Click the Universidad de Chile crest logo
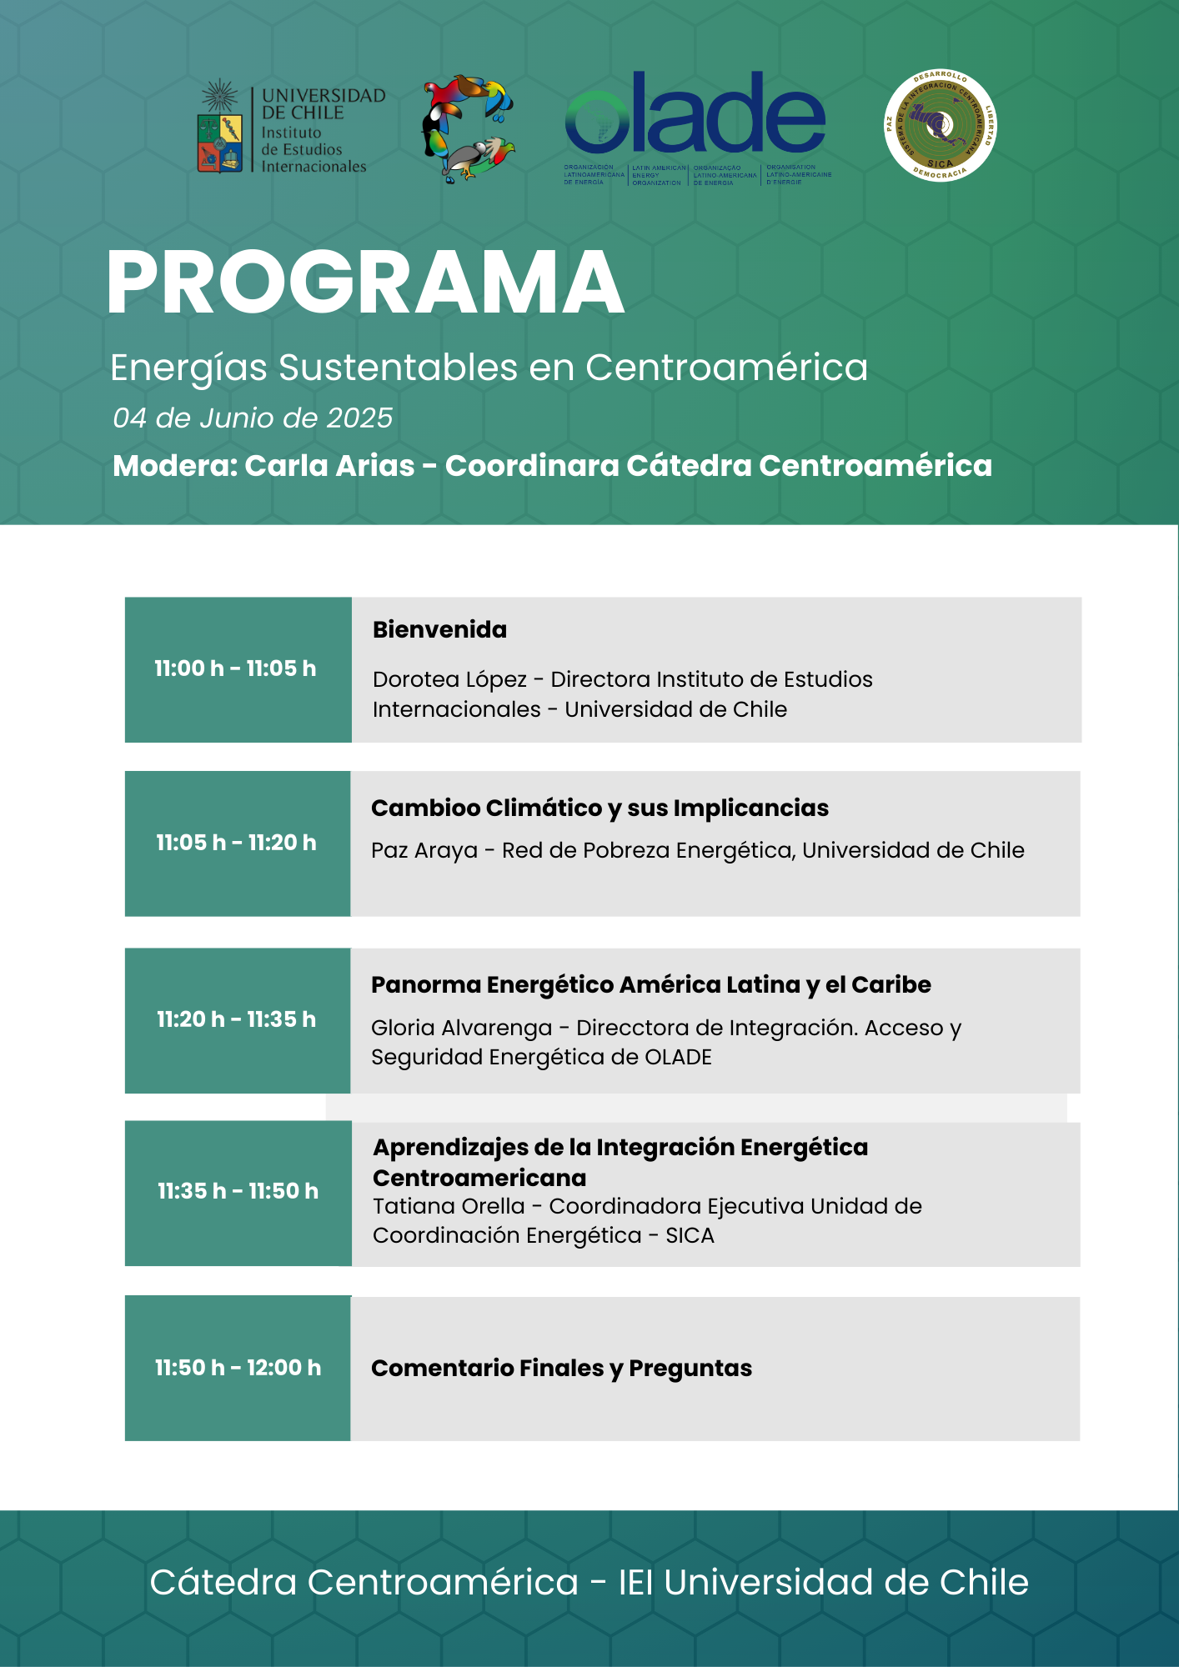click(220, 129)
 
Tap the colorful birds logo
click(468, 128)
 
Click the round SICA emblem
click(940, 126)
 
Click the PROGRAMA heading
click(365, 283)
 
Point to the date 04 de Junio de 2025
click(253, 418)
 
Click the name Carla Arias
click(329, 466)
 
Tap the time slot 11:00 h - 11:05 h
click(235, 668)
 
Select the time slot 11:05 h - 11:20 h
click(236, 843)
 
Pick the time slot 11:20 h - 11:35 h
click(236, 1019)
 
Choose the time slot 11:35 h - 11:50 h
click(238, 1191)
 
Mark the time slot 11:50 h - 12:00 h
click(238, 1368)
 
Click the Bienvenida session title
click(439, 629)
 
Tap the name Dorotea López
click(449, 679)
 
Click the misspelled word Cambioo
click(425, 808)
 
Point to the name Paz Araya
click(424, 850)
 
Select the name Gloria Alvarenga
click(461, 1028)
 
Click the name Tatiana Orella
click(449, 1206)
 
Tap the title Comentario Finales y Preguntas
click(561, 1368)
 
